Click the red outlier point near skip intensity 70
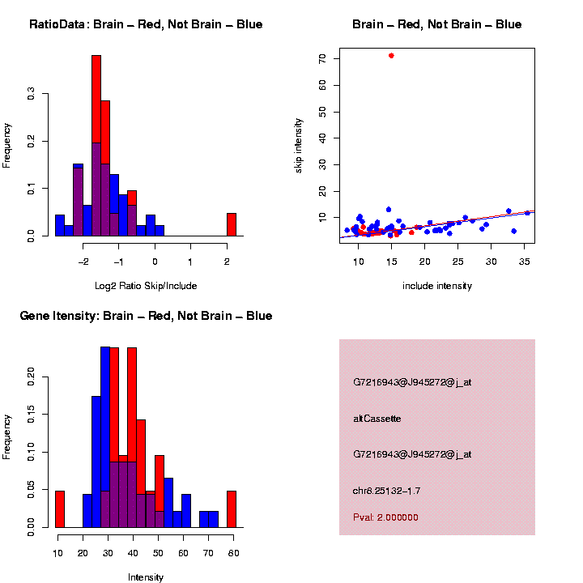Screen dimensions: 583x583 pos(391,56)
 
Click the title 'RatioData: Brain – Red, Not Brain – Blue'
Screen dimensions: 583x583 pos(146,24)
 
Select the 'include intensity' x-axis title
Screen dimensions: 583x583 pos(436,286)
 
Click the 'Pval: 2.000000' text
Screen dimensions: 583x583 pos(385,517)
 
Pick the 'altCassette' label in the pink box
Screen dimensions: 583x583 pos(377,419)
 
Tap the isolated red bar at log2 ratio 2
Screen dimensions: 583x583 pos(231,224)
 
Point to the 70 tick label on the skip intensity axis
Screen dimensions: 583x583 pos(321,59)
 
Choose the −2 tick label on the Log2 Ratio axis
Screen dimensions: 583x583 pos(83,262)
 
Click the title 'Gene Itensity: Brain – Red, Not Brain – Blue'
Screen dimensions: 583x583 pos(146,316)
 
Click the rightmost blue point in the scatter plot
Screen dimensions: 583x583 pos(527,213)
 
